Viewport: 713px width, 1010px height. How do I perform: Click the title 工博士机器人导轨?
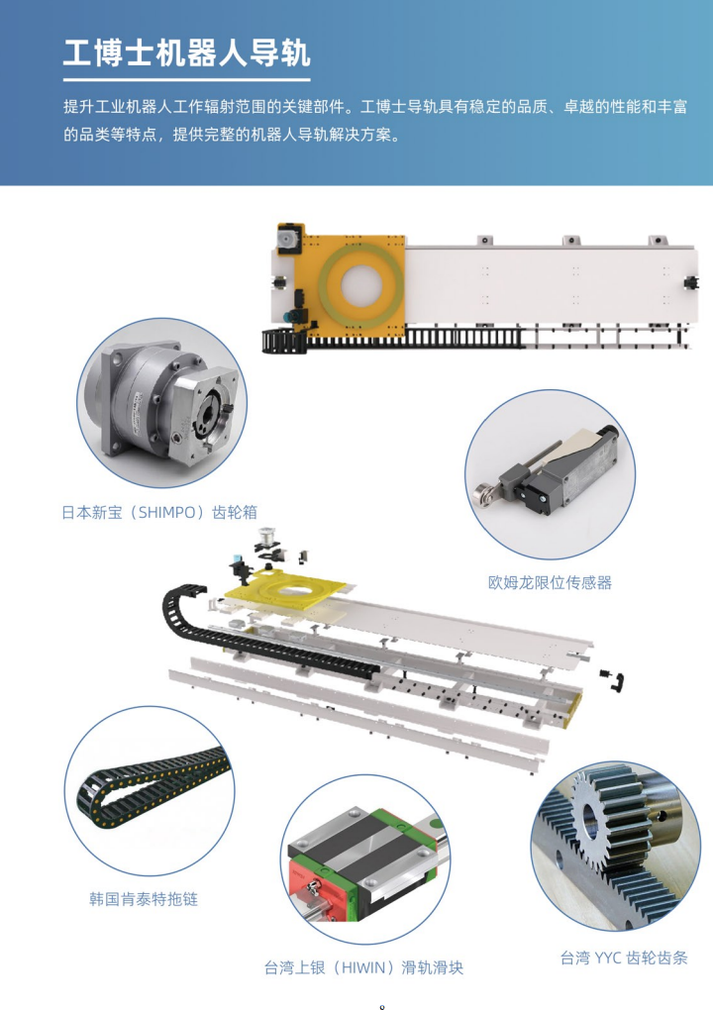point(187,52)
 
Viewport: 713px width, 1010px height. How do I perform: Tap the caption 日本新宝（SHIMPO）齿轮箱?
point(159,513)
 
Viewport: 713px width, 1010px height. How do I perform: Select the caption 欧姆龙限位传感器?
point(550,583)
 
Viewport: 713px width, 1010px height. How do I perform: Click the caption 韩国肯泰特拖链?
point(144,899)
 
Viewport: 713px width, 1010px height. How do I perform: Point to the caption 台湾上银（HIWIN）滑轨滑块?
point(363,968)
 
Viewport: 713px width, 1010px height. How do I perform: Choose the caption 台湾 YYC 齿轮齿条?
point(624,958)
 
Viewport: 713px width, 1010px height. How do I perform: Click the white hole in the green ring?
point(361,285)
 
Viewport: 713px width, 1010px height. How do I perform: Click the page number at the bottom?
point(382,1006)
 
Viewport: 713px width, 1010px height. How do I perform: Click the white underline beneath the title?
point(187,80)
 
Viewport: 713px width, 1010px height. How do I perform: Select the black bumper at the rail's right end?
point(692,283)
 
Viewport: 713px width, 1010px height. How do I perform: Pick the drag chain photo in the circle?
point(150,791)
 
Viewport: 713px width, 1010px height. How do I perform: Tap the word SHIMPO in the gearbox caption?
point(166,513)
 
